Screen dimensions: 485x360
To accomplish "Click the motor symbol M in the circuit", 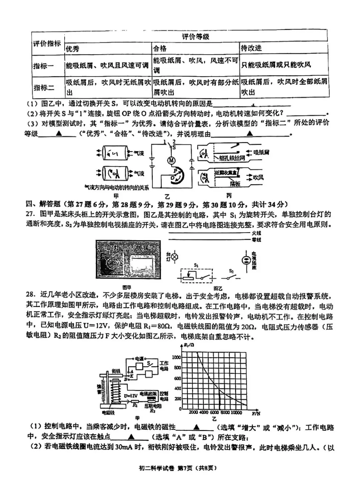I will pyautogui.click(x=171, y=161).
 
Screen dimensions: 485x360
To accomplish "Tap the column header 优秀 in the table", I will pyautogui.click(x=72, y=49).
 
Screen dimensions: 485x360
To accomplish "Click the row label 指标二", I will pyautogui.click(x=44, y=88).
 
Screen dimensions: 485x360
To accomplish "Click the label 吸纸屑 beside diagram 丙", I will pyautogui.click(x=261, y=153).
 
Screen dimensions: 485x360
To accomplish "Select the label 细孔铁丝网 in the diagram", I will pyautogui.click(x=232, y=158).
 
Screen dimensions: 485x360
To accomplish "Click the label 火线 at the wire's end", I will pyautogui.click(x=256, y=233).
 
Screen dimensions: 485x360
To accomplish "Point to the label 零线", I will pyautogui.click(x=256, y=240).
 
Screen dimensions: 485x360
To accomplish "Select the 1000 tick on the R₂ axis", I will pyautogui.click(x=177, y=357).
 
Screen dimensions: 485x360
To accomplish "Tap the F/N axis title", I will pyautogui.click(x=256, y=413).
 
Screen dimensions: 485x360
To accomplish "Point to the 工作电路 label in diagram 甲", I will pyautogui.click(x=164, y=366).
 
